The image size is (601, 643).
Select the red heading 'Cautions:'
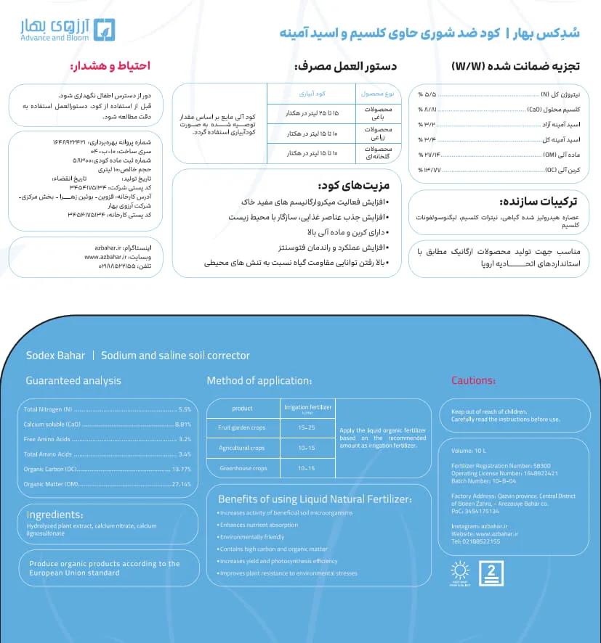473,380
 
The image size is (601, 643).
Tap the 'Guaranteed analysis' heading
73,380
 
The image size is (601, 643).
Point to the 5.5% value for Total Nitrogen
184,410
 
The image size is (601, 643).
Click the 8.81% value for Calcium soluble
182,425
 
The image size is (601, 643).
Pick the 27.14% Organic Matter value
181,484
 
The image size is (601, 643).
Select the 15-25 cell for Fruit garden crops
307,427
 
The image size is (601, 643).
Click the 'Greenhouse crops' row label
243,468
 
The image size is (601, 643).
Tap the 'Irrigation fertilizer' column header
307,408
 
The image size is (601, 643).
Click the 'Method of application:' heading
259,380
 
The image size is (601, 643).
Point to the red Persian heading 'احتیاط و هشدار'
110,66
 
